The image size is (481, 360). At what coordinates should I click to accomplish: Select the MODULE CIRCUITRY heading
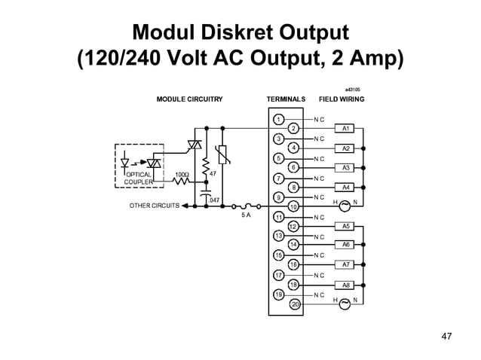coord(189,99)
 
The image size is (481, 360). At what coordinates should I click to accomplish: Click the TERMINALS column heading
coord(286,99)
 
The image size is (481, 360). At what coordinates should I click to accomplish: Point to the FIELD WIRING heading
coord(342,99)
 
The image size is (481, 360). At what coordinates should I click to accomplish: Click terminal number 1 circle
coord(278,119)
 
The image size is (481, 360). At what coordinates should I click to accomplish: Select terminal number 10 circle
coord(294,206)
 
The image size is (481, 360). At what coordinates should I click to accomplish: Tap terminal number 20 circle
coord(295,304)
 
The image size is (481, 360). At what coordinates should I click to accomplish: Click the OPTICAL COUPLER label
coord(139,178)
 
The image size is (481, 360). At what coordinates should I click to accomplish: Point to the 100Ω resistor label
coord(182,174)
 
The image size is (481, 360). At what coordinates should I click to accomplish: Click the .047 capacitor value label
coord(214,200)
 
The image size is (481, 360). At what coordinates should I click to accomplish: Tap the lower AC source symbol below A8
coord(345,302)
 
